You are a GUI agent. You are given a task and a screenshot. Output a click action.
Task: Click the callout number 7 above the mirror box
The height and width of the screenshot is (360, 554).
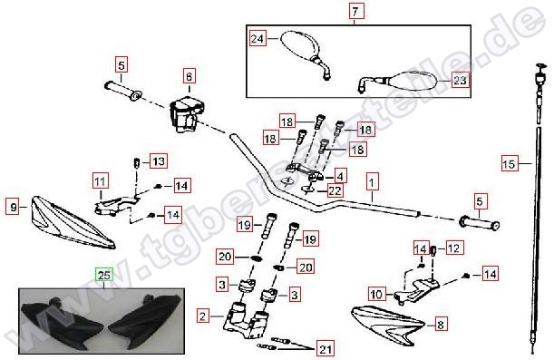coord(355,11)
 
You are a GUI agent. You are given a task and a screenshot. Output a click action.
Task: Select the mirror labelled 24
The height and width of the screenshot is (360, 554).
coord(305,52)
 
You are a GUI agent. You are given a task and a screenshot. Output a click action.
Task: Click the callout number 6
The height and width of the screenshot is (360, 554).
coord(190,76)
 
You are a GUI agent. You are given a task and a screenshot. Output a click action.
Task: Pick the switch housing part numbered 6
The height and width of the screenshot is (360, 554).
coord(187,113)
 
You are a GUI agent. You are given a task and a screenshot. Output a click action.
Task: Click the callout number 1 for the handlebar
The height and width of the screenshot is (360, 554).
coord(372,182)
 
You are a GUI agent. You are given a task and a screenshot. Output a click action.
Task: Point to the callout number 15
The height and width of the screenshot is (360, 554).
coord(510,163)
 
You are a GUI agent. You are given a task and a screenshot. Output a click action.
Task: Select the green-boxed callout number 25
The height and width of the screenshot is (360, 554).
coord(104,275)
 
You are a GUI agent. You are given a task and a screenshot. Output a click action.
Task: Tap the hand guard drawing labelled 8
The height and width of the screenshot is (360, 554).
coord(387,324)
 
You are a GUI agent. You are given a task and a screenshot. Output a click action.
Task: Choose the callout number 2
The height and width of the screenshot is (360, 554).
coord(202,316)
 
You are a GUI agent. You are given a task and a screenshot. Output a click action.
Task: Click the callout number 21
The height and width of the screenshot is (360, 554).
coord(326,349)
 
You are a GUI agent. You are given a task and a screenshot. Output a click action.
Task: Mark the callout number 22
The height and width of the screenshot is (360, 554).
coord(335,190)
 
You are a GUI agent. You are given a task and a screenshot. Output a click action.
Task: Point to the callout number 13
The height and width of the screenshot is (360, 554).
coord(159,161)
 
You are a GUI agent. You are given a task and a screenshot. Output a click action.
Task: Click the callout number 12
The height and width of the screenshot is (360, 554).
coord(453,248)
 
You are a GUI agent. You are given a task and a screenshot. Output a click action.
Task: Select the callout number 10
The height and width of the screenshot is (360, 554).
coord(376,294)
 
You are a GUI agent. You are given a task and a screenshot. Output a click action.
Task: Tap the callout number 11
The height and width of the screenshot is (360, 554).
coord(101,181)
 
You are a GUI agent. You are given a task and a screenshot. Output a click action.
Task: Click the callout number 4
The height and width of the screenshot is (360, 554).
coord(339,176)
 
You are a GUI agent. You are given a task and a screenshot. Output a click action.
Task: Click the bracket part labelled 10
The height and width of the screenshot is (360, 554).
coord(417,289)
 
